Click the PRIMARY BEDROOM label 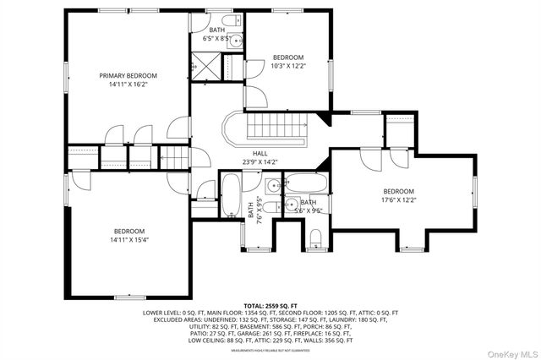pyautogui.click(x=128, y=76)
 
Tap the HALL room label pyautogui.click(x=260, y=152)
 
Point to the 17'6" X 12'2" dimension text pyautogui.click(x=398, y=200)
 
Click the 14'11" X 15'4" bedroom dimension pyautogui.click(x=129, y=240)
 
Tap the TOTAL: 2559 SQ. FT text pyautogui.click(x=270, y=304)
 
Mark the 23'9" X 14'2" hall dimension pyautogui.click(x=260, y=161)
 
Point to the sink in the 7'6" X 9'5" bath pyautogui.click(x=270, y=187)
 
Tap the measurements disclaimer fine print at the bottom pyautogui.click(x=270, y=350)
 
